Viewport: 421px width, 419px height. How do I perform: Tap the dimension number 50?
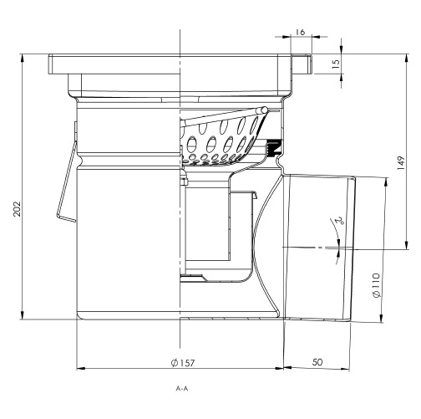(319, 363)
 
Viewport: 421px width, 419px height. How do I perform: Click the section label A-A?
(182, 390)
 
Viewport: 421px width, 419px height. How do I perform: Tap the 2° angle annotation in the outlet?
(339, 222)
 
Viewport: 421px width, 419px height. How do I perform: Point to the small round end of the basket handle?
(264, 110)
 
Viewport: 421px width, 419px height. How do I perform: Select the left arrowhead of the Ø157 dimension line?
(79, 367)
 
